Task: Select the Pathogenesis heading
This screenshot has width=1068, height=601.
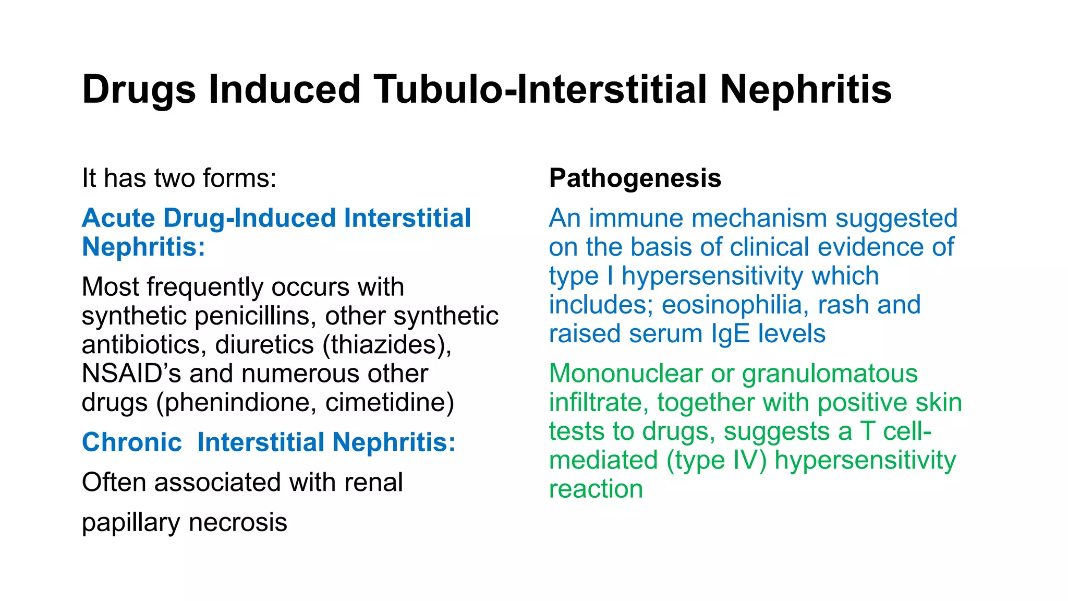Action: (635, 178)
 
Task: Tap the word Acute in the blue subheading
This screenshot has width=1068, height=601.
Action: (118, 218)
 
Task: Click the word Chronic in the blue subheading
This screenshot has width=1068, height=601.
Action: (132, 442)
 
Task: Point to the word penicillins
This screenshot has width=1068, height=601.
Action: (258, 316)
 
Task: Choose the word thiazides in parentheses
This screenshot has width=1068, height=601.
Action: (386, 345)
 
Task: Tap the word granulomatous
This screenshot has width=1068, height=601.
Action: (830, 374)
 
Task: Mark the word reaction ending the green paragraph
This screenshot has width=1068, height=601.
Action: (596, 489)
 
